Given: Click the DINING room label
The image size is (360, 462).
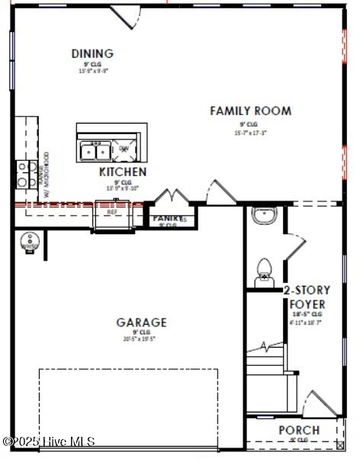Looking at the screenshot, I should (x=92, y=53).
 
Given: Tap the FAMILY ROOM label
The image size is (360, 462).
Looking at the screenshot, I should (x=250, y=111).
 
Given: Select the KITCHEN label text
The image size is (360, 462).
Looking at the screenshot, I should (x=123, y=172).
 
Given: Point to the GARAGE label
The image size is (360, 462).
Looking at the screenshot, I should (x=141, y=322).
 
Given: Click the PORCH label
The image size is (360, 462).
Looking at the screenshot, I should (x=299, y=430).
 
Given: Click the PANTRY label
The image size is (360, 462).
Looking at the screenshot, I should (x=168, y=219).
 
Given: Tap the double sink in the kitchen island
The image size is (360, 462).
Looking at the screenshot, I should (x=96, y=149).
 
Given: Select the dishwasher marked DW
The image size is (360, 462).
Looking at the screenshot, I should (x=124, y=149).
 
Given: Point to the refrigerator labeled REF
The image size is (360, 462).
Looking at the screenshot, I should (x=113, y=216).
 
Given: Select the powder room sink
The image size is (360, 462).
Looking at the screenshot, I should (x=264, y=216).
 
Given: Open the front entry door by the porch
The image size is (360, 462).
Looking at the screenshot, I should (x=320, y=403).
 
